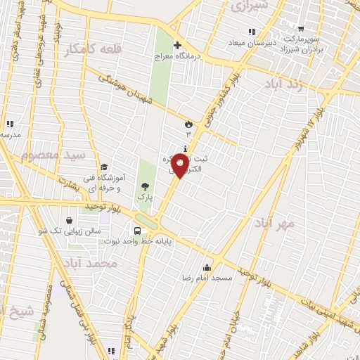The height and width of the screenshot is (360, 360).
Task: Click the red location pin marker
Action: (180, 166)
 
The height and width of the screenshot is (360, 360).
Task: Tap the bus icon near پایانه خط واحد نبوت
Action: (137, 230)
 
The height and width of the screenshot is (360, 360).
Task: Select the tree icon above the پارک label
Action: (145, 186)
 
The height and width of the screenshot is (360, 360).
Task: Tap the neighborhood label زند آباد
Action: (284, 84)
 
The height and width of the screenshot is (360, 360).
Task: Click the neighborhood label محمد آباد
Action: (99, 262)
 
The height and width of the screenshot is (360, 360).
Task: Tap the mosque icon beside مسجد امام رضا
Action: (206, 266)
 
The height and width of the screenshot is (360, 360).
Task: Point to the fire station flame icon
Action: (188, 122)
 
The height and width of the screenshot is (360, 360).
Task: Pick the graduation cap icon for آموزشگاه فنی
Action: (105, 167)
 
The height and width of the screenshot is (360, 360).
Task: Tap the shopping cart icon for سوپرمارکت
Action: (301, 30)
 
